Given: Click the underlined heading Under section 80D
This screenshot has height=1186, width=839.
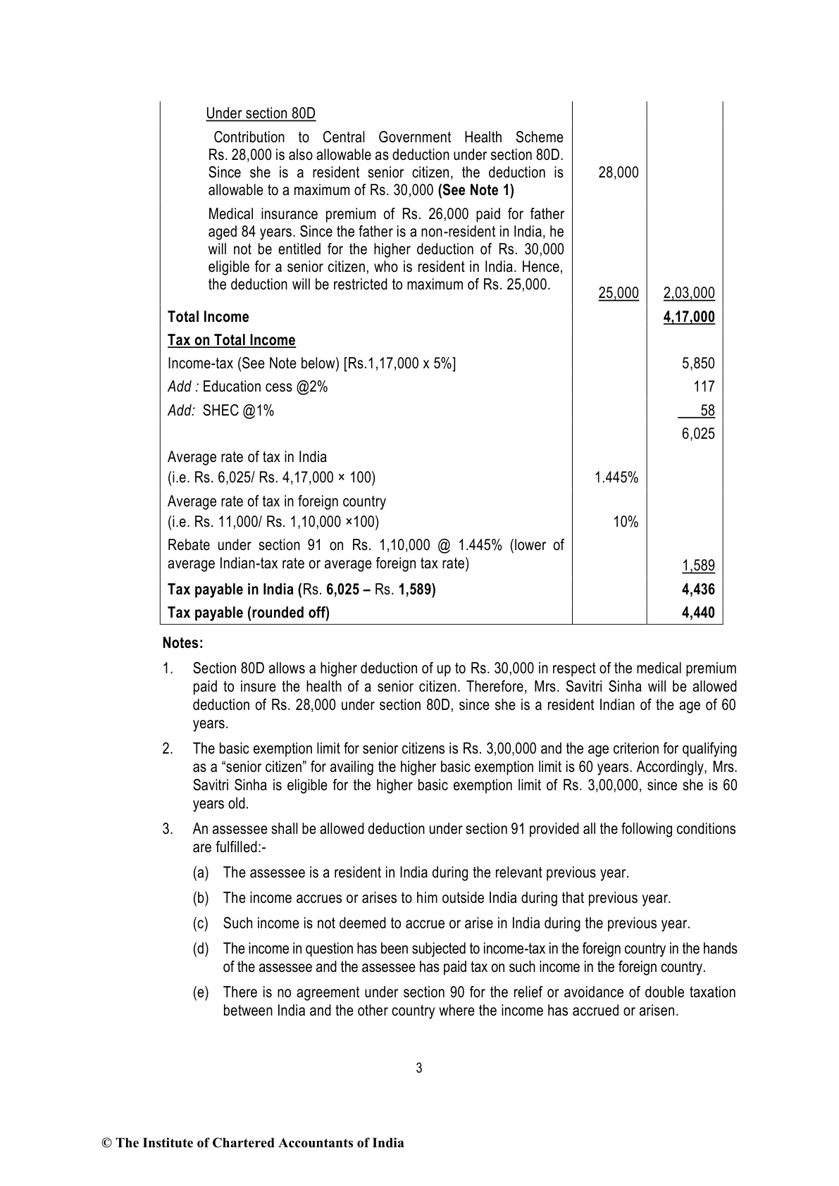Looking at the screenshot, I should pos(261,113).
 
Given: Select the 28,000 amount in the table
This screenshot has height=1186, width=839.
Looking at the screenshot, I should pos(618,173).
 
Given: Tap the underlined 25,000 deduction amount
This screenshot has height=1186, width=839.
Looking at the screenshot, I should pos(618,293).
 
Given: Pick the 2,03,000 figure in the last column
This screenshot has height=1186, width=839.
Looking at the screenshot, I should pos(689,293).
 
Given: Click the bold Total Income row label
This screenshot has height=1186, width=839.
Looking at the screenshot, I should pos(208,317).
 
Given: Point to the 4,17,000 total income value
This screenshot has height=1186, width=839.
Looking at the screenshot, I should pos(689,317).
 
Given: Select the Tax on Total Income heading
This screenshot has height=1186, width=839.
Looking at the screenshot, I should pos(231,340).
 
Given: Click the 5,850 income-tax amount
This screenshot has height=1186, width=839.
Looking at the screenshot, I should pos(698,363).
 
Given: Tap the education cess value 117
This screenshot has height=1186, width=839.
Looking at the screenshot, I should pos(704,387).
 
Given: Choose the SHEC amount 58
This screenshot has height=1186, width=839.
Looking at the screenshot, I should pos(707,410).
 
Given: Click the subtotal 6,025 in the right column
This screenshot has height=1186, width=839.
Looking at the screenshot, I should pos(698,434).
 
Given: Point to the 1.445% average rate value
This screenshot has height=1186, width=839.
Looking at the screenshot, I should pos(616,477).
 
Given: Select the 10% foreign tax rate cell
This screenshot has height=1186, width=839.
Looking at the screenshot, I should pos(626,522).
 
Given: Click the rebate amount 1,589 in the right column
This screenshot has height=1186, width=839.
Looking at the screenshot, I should pos(698,566).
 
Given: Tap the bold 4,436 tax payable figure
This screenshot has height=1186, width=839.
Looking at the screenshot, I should pos(698,589).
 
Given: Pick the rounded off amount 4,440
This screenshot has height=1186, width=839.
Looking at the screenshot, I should pos(698,613).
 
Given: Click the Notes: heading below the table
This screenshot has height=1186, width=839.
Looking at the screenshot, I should pos(182,643).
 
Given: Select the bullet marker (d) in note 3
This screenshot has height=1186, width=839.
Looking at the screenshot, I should pos(201,949).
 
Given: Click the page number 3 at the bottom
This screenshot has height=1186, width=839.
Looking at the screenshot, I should pos(419,1068).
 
